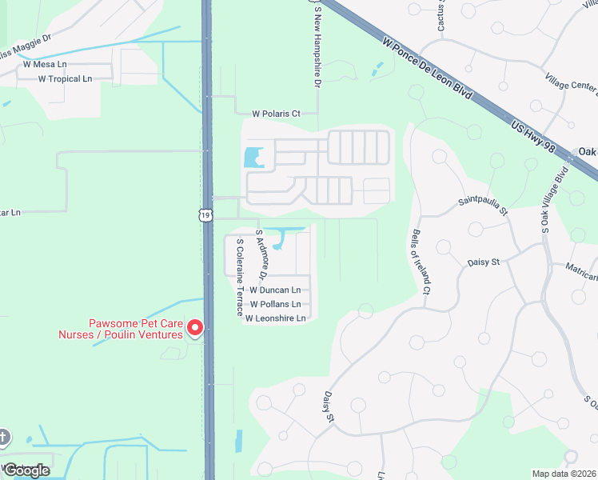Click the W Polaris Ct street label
276,114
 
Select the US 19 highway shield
206,214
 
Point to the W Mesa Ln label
45,64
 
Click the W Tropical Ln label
65,78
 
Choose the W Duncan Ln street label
276,290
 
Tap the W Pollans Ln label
276,304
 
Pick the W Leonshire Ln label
276,318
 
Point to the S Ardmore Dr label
260,254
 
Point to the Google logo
26,470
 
